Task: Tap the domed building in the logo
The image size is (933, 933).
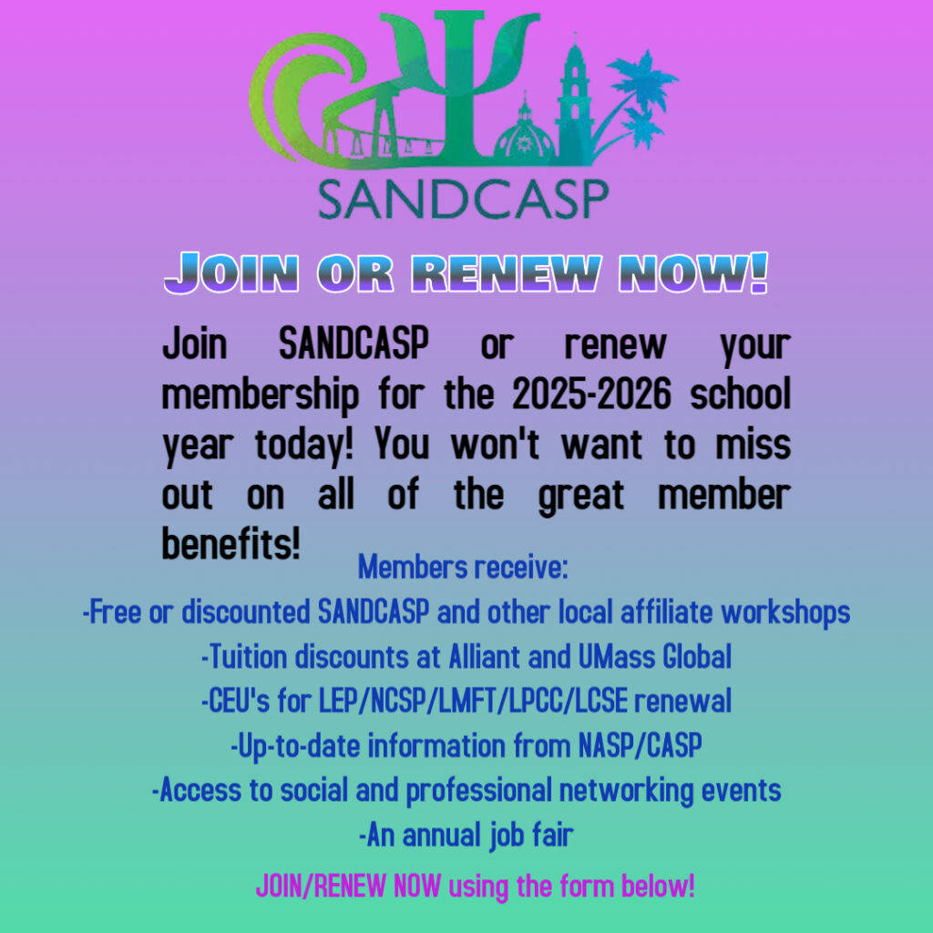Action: tap(524, 133)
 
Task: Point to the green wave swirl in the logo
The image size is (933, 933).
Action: tap(298, 95)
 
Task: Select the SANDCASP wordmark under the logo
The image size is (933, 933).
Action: tap(464, 199)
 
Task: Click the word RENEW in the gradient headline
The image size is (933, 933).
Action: tap(507, 273)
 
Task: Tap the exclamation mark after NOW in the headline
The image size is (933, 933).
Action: tap(759, 273)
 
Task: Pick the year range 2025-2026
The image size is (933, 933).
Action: tap(591, 394)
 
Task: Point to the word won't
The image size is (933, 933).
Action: tap(495, 444)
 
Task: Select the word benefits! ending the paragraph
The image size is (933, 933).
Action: tap(231, 543)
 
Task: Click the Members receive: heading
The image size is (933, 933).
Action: tap(463, 567)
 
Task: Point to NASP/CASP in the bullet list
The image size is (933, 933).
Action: tap(641, 745)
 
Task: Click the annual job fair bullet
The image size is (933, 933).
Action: tap(466, 836)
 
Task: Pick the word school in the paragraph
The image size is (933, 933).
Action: tap(740, 394)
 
